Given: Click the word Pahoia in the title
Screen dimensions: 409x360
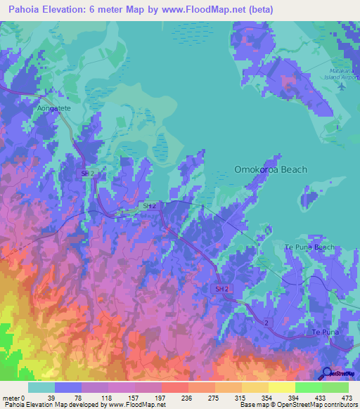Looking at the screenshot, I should point(25,10).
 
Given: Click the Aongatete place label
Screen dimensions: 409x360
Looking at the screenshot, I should point(54,111).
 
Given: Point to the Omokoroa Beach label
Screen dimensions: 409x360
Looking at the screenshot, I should point(271,169).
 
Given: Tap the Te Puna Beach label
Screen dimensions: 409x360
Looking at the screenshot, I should point(309,247).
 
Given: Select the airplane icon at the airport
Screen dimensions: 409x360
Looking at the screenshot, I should point(342,87).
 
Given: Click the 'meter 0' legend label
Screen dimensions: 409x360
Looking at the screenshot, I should point(14,397).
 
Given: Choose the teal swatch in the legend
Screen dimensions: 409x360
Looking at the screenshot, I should point(41,387).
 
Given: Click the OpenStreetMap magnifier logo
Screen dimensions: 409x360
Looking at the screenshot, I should point(328,373).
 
